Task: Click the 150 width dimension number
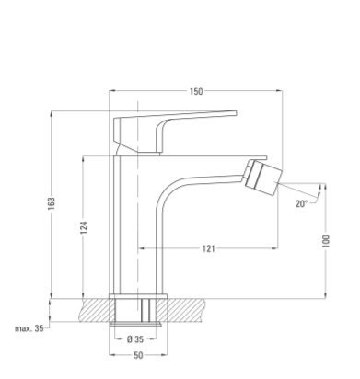(196, 91)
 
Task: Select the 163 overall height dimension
(52, 203)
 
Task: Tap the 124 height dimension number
(84, 227)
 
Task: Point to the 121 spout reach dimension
(209, 248)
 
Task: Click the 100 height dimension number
(326, 241)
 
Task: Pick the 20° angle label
(301, 203)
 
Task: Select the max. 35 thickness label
(29, 328)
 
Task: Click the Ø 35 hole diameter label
(135, 339)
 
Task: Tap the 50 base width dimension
(138, 355)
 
